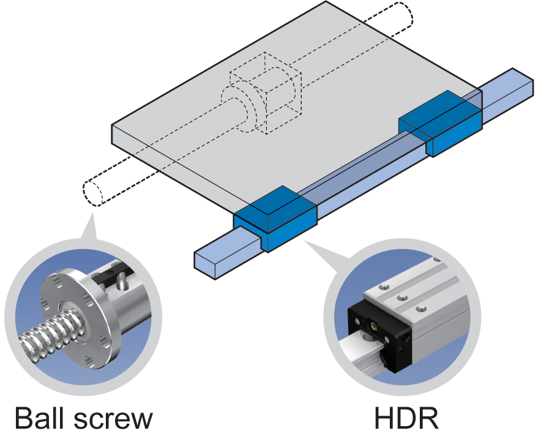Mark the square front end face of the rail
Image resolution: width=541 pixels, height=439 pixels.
click(204, 264)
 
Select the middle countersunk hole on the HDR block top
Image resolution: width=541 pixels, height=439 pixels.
click(403, 298)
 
